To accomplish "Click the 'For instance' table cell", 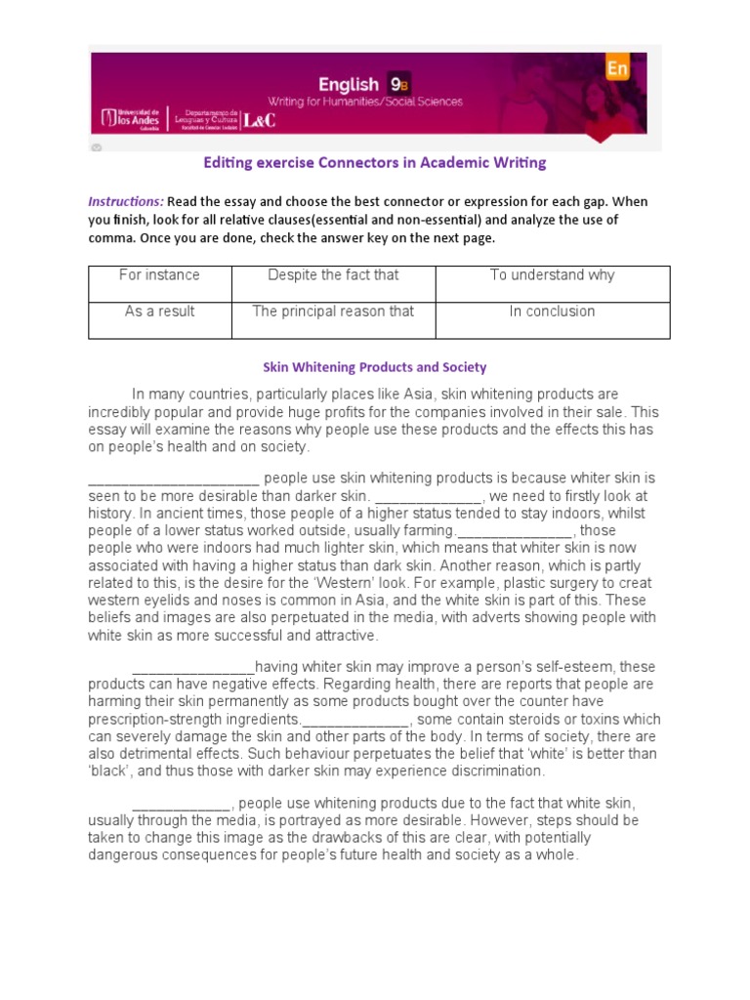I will [158, 275].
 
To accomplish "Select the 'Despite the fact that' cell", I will [333, 275].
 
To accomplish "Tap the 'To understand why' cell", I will [552, 275].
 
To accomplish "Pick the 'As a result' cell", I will [158, 312].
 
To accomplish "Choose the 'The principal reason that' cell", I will [333, 312].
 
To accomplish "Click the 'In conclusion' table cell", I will [552, 312].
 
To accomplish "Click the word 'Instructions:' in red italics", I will [126, 201].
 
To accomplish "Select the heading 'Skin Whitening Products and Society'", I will [375, 367].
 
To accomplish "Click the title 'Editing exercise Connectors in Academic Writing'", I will [374, 162].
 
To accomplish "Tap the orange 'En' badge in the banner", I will [617, 68].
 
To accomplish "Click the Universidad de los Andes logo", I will [133, 118].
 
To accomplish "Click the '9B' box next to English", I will [398, 84].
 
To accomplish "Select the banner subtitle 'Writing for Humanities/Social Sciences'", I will [366, 102].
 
